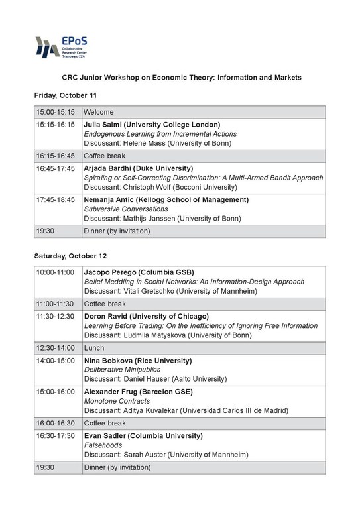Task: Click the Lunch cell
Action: coord(93,347)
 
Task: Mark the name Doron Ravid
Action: coord(107,316)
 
